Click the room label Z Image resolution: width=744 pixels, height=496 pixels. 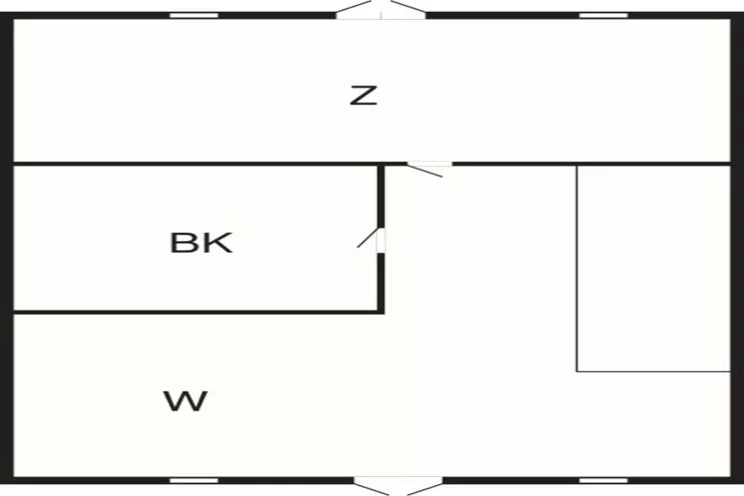point(363,95)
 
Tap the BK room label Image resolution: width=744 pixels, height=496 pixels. point(201,242)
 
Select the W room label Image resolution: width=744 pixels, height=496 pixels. point(186,401)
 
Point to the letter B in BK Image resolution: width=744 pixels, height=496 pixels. point(183,242)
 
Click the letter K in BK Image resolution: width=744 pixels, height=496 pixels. point(217,242)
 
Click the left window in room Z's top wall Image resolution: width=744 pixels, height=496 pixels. point(194,16)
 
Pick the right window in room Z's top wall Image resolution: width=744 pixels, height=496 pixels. point(603,16)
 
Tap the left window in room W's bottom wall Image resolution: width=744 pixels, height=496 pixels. point(194,480)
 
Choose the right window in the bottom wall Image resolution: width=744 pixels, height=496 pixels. point(603,480)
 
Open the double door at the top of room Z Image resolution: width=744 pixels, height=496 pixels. point(381,10)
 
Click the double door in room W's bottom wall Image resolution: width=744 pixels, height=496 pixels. point(399,486)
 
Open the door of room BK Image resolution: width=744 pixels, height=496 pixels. point(371,240)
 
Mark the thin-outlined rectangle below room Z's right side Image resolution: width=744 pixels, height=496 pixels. point(654,268)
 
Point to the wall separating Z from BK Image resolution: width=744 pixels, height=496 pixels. point(195,164)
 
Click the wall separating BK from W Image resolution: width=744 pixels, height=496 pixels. point(198,311)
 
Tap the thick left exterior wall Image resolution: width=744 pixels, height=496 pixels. point(7,248)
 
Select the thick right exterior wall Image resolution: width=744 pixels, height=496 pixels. point(737,248)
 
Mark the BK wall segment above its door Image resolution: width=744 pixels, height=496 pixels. point(381,196)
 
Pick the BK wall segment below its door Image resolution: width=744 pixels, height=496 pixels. point(381,283)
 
